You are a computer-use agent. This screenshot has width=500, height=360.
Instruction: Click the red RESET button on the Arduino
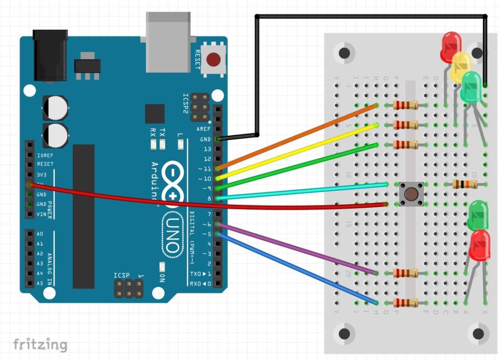[x=213, y=60]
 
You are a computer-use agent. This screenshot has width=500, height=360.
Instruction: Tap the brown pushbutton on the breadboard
[x=411, y=194]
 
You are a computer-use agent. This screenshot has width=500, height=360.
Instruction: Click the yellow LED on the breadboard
[x=461, y=66]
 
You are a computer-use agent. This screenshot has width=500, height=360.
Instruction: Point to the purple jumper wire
[x=298, y=249]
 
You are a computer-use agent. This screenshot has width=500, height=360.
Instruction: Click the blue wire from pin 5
[x=298, y=268]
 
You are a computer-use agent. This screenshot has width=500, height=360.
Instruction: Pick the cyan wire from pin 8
[x=303, y=191]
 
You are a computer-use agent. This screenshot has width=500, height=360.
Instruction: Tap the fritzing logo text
[x=40, y=344]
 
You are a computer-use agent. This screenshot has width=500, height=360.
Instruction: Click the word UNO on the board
[x=172, y=234]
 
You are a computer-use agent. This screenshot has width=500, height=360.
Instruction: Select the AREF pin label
[x=204, y=129]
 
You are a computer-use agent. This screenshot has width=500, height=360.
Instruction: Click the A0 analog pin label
[x=40, y=234]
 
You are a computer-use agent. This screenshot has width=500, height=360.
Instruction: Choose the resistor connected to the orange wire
[x=405, y=105]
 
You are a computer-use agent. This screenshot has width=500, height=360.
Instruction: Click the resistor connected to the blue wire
[x=405, y=302]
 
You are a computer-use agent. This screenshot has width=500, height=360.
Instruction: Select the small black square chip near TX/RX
[x=154, y=114]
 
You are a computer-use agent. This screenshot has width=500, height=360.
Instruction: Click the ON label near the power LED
[x=162, y=278]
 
